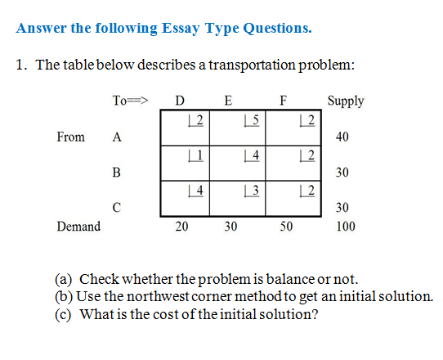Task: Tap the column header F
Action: click(x=282, y=101)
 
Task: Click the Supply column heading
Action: click(x=345, y=101)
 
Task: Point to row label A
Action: click(x=117, y=137)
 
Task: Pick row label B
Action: click(x=116, y=173)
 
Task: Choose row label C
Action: click(x=116, y=208)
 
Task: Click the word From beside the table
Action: click(x=70, y=137)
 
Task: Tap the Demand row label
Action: click(x=78, y=226)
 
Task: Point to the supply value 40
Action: click(x=342, y=137)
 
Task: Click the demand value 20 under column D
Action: click(x=182, y=227)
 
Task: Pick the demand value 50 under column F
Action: click(x=285, y=227)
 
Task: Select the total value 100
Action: click(x=345, y=227)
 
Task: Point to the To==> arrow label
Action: click(x=129, y=101)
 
